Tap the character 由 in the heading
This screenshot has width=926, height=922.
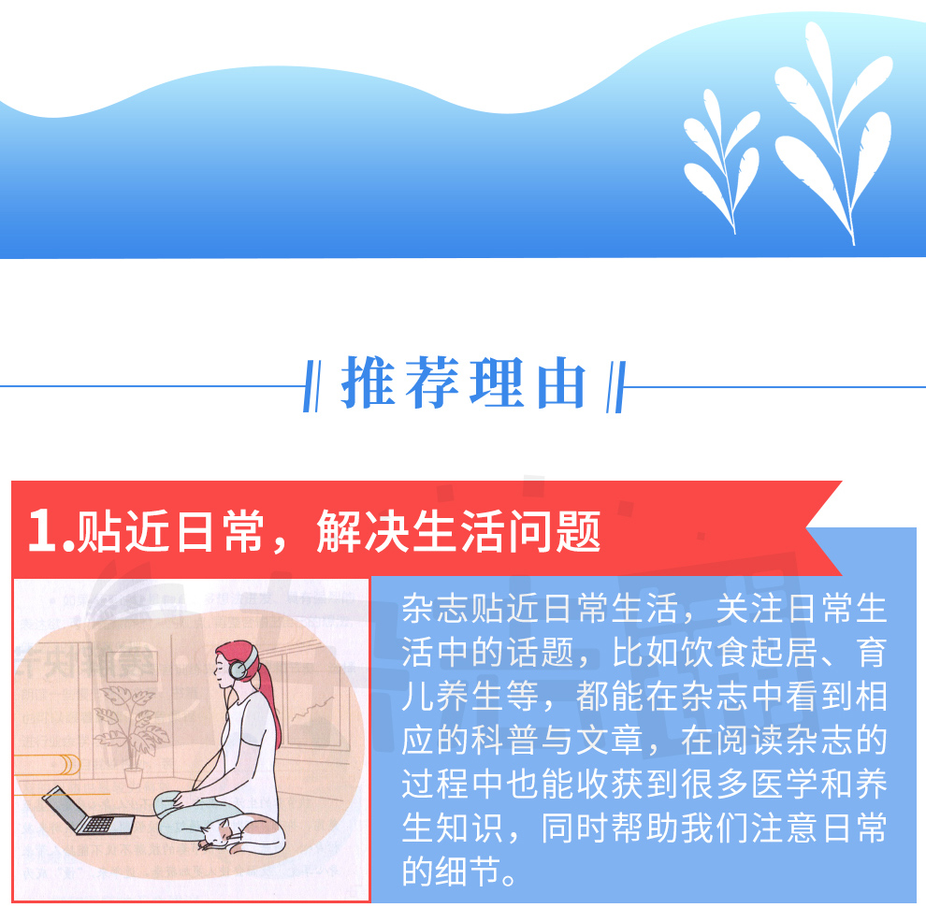point(561,383)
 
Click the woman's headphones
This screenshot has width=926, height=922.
point(241,662)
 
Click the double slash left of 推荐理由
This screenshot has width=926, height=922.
point(311,386)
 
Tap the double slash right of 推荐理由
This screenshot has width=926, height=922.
point(615,386)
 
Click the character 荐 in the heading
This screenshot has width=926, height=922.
point(432,382)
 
